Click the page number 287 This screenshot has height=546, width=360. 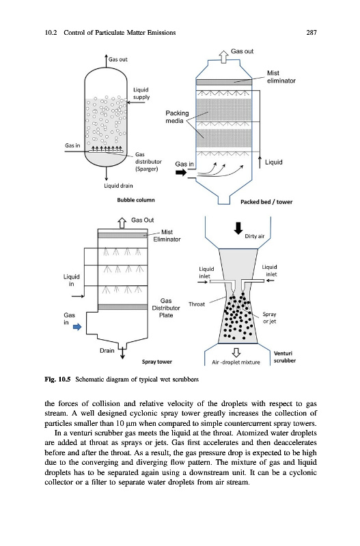[x=311, y=33]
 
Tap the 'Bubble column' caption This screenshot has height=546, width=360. [x=135, y=200]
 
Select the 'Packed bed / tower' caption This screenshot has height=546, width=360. [x=266, y=202]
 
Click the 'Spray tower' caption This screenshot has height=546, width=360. [x=157, y=362]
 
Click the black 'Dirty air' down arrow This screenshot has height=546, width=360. [x=238, y=228]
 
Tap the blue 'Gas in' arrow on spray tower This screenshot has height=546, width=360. [x=77, y=327]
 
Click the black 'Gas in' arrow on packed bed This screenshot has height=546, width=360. [x=181, y=173]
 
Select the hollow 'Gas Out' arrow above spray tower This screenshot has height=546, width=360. [x=122, y=222]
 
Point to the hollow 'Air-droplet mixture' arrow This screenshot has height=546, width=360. [x=236, y=352]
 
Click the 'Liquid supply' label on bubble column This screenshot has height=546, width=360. [x=141, y=94]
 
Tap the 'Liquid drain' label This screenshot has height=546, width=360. [x=118, y=186]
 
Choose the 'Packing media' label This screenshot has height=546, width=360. [x=177, y=117]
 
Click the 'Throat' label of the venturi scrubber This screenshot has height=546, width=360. [x=197, y=304]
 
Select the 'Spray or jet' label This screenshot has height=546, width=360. [x=269, y=317]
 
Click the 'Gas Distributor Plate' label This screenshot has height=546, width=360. [x=166, y=308]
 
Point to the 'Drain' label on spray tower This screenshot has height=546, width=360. [x=107, y=351]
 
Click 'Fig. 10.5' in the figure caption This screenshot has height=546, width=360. [x=57, y=379]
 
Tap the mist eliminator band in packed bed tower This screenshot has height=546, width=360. [x=224, y=82]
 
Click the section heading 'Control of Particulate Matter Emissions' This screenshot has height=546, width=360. [x=120, y=33]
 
